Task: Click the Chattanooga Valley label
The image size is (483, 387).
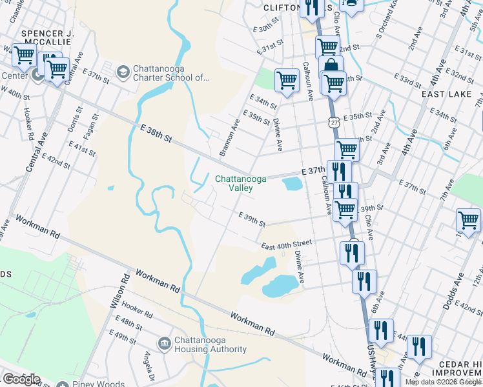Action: coord(233,183)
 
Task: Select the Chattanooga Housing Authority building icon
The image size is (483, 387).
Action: coord(164,342)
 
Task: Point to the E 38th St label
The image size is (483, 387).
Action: coord(156,134)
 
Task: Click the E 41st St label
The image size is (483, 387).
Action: coord(84,151)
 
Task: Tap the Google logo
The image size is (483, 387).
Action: coord(21,379)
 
